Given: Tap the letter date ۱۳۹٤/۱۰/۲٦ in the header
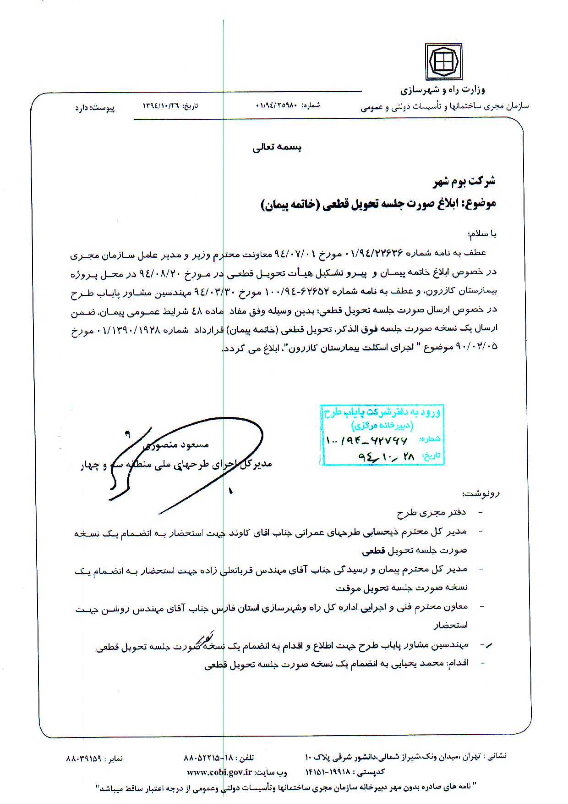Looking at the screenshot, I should [x=162, y=106].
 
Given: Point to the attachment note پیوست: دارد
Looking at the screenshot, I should [x=95, y=108].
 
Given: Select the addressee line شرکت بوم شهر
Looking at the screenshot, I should [x=464, y=181].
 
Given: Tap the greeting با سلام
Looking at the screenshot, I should [x=482, y=234].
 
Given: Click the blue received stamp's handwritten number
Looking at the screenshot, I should [x=366, y=440].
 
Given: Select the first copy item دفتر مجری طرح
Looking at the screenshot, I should [x=431, y=513].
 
